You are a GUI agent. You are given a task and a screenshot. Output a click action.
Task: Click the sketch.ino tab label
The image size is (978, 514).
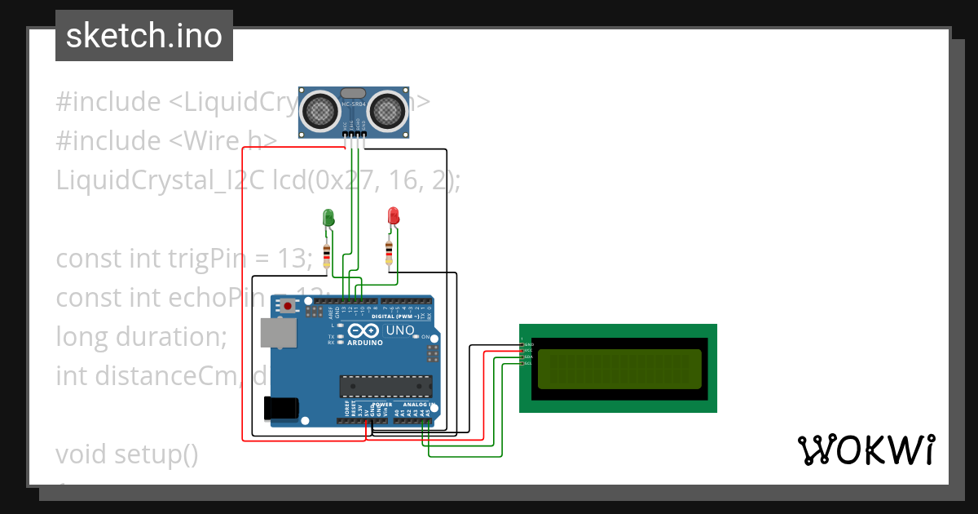pos(144,36)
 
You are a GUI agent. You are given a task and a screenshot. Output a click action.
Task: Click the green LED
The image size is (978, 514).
pos(328,218)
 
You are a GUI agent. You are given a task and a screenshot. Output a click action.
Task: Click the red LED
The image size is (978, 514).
pos(393,216)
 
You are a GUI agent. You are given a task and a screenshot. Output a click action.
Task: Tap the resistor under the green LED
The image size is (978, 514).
pos(327,255)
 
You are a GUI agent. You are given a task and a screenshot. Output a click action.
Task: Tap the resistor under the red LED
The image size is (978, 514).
pos(390,253)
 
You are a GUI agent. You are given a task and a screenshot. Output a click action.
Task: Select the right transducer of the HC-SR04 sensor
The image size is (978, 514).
pos(388,110)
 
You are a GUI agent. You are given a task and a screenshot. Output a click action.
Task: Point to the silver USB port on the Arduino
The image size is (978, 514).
pos(276,333)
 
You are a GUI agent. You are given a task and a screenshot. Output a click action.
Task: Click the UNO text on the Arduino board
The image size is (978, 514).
pos(400,331)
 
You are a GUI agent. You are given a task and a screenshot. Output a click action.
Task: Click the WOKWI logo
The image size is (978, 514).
pos(866,450)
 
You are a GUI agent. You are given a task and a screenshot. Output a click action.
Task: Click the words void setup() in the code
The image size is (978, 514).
pos(127,454)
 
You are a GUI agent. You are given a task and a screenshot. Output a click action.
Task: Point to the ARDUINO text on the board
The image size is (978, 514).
pos(364,343)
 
